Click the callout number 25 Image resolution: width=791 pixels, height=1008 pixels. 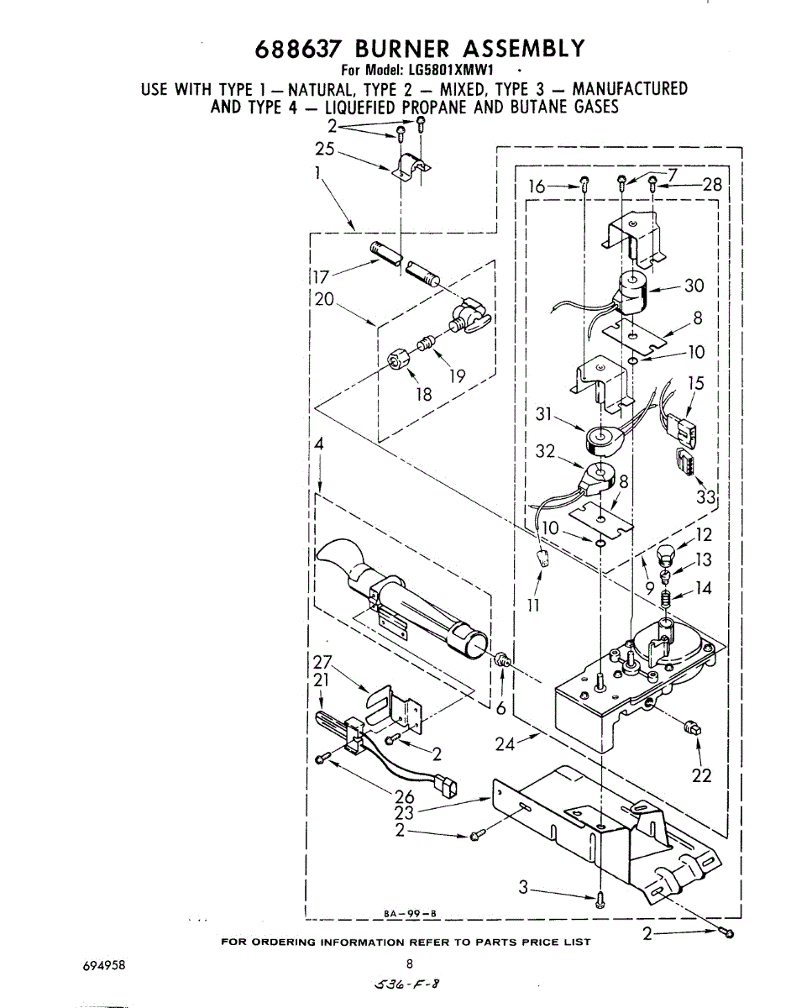pyautogui.click(x=324, y=150)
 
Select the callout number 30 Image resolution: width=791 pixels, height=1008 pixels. pyautogui.click(x=694, y=286)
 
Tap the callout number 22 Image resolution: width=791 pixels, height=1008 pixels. pyautogui.click(x=701, y=776)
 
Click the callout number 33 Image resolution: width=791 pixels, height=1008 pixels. pyautogui.click(x=705, y=498)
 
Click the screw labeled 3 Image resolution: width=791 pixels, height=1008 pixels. pyautogui.click(x=600, y=900)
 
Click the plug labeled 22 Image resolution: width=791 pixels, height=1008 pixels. pyautogui.click(x=694, y=727)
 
